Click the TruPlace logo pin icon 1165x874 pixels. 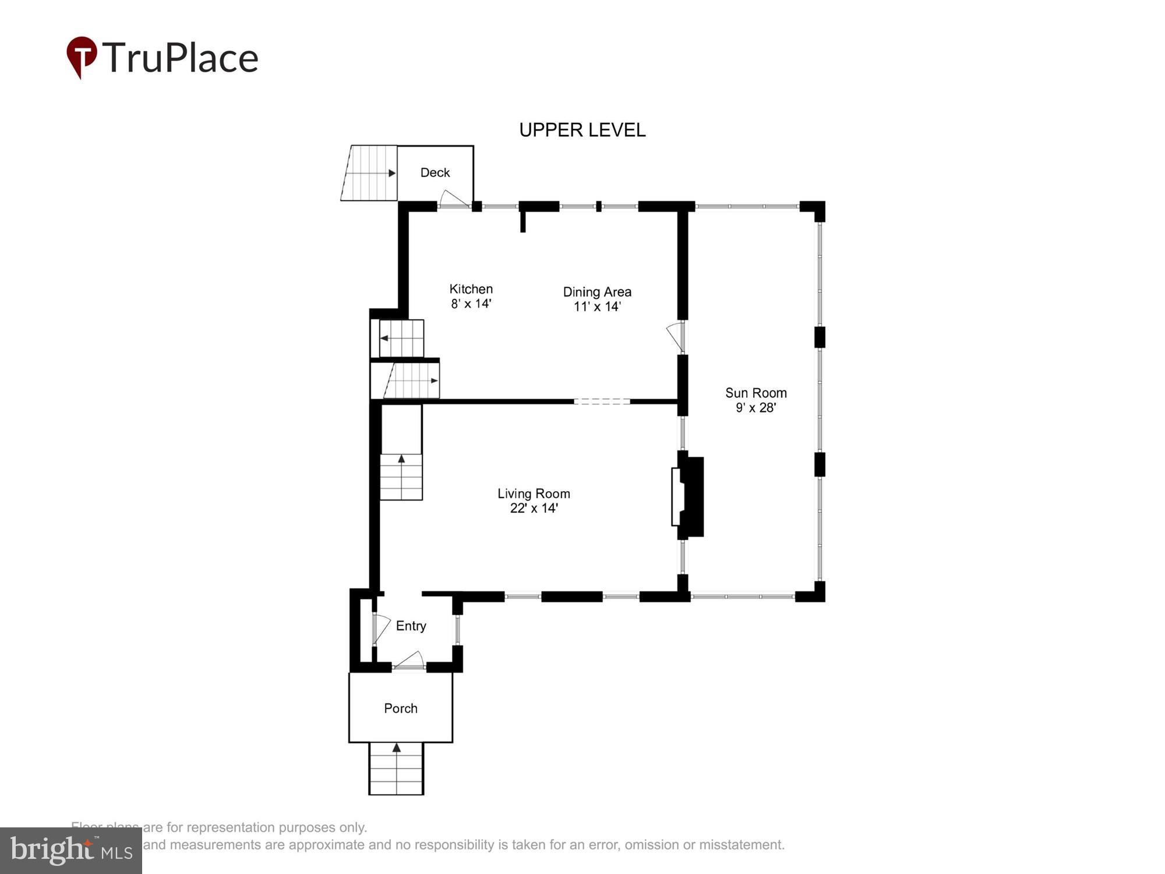pos(82,55)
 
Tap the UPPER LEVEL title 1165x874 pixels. pos(582,130)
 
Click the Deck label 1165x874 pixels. pos(435,172)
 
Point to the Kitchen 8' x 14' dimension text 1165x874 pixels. pos(471,304)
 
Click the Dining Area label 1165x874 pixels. pos(597,292)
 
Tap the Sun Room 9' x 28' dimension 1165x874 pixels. pos(756,408)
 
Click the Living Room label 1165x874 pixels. pos(534,494)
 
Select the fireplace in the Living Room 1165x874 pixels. pos(689,496)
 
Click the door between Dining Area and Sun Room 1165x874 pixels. pos(676,336)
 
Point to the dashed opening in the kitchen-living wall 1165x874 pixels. pos(602,401)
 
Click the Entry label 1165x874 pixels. pos(411,626)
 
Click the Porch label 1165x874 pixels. pos(401,709)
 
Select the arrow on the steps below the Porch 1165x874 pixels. pos(397,748)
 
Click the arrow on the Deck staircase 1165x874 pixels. pos(391,173)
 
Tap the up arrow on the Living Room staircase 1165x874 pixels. pos(401,459)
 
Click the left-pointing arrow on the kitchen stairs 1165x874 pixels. pos(384,338)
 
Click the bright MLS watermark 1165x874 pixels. pos(71,851)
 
